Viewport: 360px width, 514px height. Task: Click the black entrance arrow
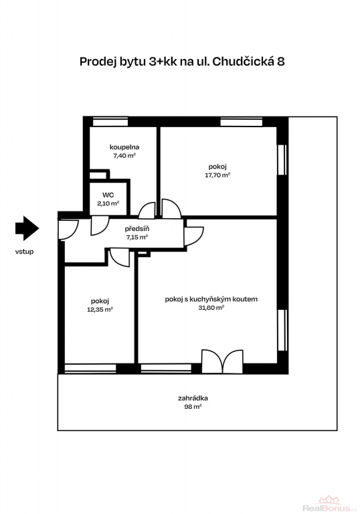click(x=27, y=228)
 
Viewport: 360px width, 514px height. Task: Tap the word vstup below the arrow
click(x=24, y=252)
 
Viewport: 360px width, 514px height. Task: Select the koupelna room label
click(x=124, y=147)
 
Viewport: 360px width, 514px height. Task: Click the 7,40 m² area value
click(x=124, y=156)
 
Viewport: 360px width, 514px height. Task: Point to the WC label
click(x=108, y=195)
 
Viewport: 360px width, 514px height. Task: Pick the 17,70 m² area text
click(x=217, y=175)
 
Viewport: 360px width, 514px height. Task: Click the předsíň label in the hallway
click(x=137, y=229)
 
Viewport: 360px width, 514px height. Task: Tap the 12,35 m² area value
click(x=100, y=309)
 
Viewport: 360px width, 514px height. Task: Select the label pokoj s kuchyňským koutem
click(x=211, y=299)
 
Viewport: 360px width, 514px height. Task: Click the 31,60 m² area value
click(x=211, y=308)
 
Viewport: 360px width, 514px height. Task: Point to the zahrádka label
click(x=193, y=398)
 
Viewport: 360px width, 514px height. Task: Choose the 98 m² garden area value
click(x=193, y=407)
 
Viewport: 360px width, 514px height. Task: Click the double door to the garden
click(x=222, y=361)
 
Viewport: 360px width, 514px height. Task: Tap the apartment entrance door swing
click(x=68, y=229)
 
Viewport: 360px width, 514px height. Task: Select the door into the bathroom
click(x=147, y=211)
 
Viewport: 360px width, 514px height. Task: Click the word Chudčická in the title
click(x=243, y=62)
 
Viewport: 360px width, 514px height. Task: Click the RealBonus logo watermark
click(x=329, y=504)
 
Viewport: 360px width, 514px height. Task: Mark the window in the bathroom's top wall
click(x=110, y=122)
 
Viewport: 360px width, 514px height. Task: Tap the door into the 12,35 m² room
click(x=120, y=258)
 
